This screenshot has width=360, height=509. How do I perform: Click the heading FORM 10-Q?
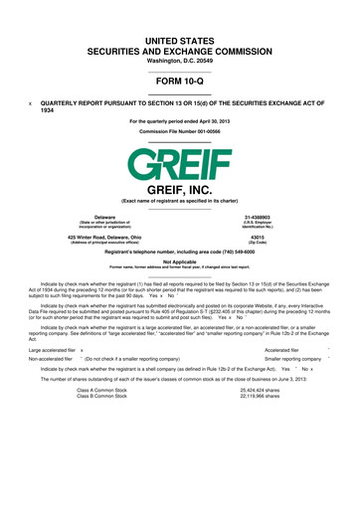coord(179,83)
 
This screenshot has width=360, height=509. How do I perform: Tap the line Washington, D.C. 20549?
coord(179,62)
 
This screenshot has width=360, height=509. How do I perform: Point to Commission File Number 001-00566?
coord(179,131)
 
